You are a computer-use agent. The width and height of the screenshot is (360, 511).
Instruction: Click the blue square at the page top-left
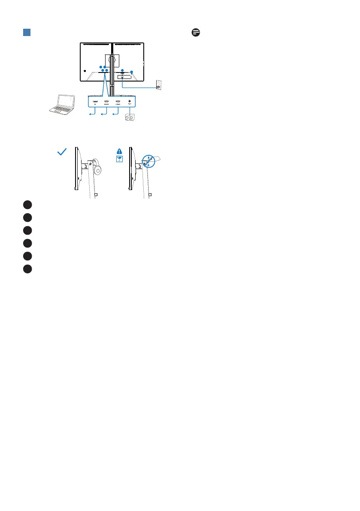point(26,33)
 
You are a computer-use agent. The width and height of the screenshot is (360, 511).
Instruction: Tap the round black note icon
point(197,33)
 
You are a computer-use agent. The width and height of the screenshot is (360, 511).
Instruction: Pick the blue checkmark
point(62,151)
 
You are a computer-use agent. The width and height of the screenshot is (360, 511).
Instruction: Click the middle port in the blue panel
point(106,102)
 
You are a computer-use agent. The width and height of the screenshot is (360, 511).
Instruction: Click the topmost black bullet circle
point(28,204)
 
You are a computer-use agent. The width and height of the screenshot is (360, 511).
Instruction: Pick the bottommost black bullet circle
point(28,269)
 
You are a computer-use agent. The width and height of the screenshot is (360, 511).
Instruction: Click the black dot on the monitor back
point(86,71)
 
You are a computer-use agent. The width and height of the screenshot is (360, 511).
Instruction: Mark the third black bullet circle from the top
point(28,230)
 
